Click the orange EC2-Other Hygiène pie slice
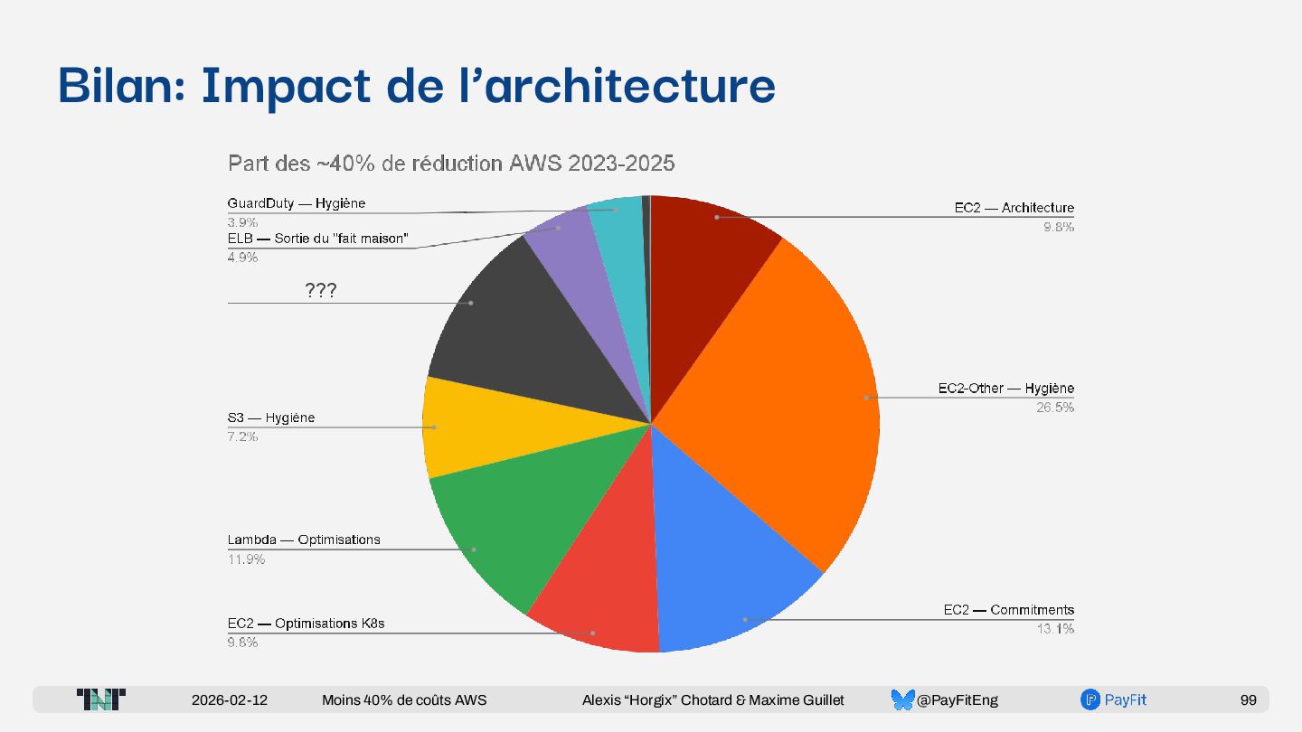click(796, 389)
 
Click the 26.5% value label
click(1055, 408)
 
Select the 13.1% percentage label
click(1055, 629)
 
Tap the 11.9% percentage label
click(246, 559)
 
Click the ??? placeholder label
click(321, 290)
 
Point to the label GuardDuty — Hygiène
click(297, 204)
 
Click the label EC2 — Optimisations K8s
click(306, 624)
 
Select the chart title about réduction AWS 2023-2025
click(451, 164)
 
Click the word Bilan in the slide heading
click(118, 86)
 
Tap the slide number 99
click(1249, 700)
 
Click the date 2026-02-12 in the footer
click(230, 700)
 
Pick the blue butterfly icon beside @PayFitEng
click(902, 699)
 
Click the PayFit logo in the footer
click(1113, 699)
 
